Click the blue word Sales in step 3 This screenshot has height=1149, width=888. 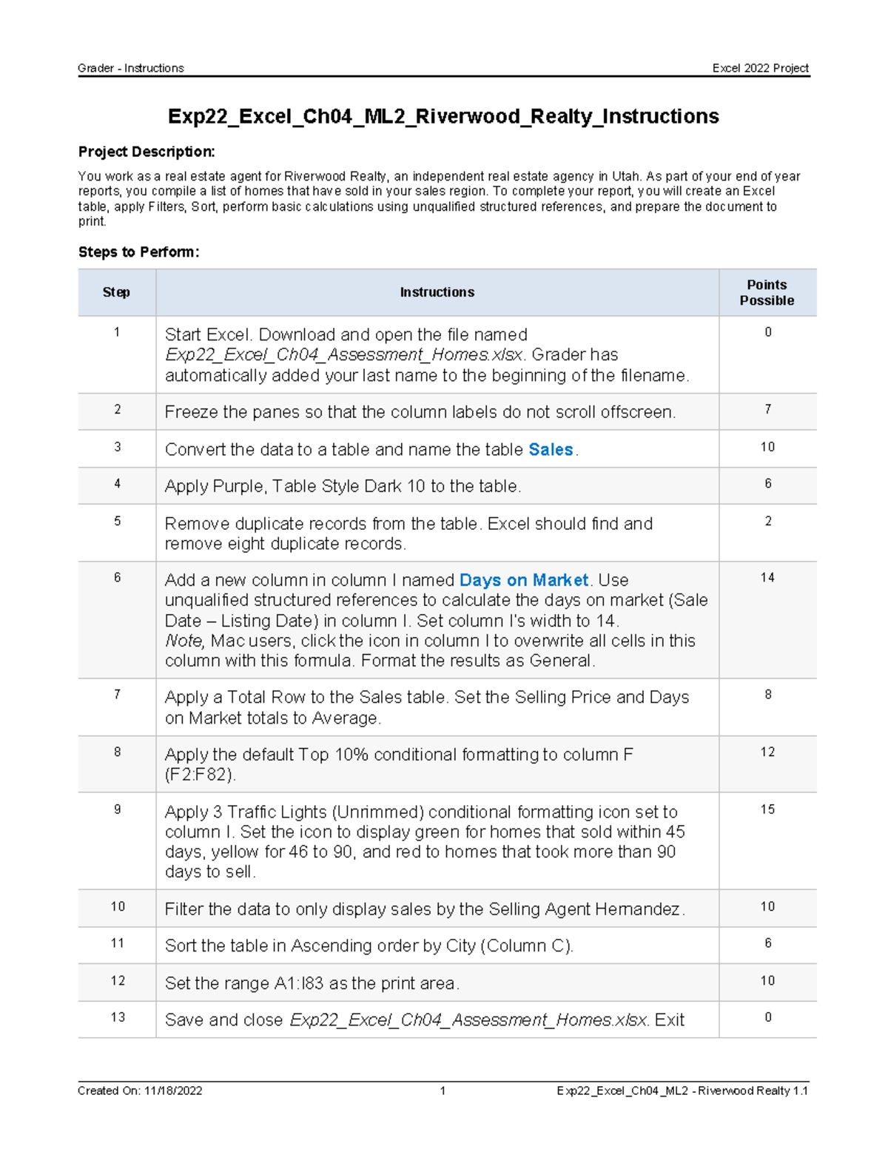tap(551, 450)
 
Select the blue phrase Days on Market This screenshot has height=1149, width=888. tap(524, 580)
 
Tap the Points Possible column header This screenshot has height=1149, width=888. tap(767, 293)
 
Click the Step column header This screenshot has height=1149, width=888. tap(116, 293)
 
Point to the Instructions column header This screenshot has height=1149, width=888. tap(437, 293)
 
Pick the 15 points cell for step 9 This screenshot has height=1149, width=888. tap(767, 809)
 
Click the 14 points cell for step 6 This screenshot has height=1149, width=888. tap(767, 578)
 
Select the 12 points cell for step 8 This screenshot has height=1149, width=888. tap(767, 752)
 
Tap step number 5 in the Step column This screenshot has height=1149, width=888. tap(117, 522)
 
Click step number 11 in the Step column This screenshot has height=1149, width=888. tap(117, 943)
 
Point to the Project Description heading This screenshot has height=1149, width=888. tap(147, 152)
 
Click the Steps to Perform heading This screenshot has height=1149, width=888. tap(138, 252)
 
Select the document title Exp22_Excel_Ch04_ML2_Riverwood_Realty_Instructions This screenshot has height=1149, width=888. tap(443, 117)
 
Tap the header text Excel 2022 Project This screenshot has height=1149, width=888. tap(760, 68)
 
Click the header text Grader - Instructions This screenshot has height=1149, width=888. tap(131, 68)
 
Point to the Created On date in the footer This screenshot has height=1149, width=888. tap(140, 1091)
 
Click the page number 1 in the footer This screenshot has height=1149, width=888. tap(443, 1091)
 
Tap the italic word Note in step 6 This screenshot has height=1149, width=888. tap(183, 641)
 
